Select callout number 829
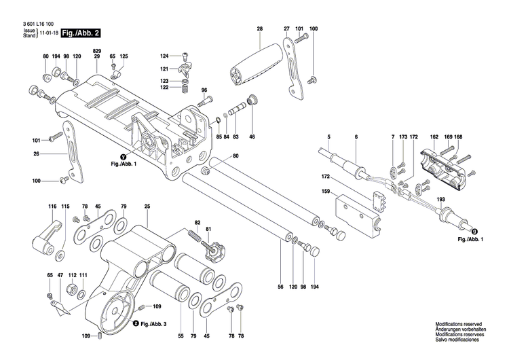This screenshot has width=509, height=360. (97, 52)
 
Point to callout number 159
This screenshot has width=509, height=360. (326, 192)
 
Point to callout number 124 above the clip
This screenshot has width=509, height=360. (164, 55)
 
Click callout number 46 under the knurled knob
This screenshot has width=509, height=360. (252, 137)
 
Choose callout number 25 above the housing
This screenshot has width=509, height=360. (147, 206)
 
